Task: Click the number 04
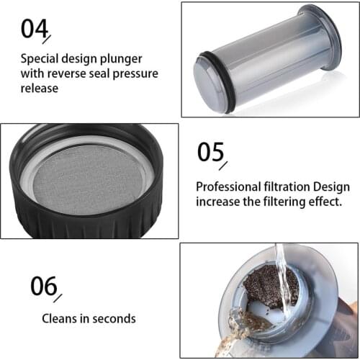coord(34,28)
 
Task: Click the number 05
coord(211,153)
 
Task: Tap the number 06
coord(43,287)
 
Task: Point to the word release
coord(40,89)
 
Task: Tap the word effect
coord(322,202)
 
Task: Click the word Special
coord(40,58)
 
